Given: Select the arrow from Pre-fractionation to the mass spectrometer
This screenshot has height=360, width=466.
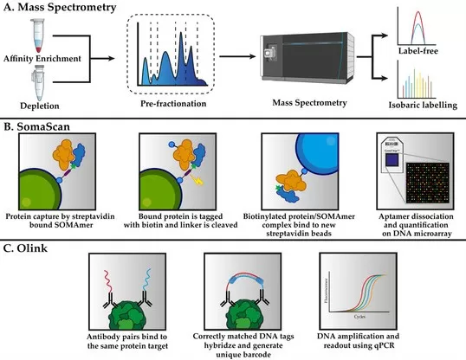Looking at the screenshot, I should coord(223,58).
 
